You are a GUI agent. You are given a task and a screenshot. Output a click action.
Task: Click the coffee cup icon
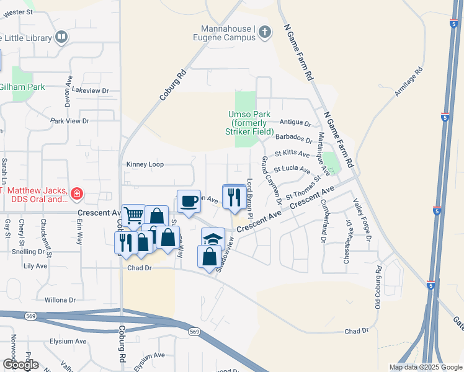pyautogui.click(x=189, y=201)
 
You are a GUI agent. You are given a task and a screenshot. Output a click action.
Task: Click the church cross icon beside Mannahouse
pyautogui.click(x=265, y=32)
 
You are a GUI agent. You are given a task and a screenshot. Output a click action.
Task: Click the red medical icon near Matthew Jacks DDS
pyautogui.click(x=76, y=195)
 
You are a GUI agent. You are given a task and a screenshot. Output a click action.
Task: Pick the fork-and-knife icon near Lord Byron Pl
pyautogui.click(x=234, y=197)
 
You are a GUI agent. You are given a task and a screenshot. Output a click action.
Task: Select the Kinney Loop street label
pyautogui.click(x=145, y=165)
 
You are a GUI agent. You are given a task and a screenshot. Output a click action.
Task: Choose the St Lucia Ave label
pyautogui.click(x=296, y=169)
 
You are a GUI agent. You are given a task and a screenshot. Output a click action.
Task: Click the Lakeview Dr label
pyautogui.click(x=90, y=91)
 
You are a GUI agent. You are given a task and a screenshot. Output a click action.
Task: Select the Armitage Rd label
pyautogui.click(x=409, y=81)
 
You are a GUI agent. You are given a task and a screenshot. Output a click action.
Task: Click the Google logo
pyautogui.click(x=20, y=365)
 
